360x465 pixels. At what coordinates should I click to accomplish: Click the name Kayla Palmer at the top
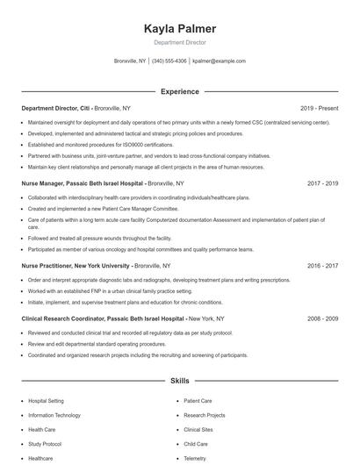point(179,29)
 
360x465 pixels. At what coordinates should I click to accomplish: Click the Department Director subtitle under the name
point(179,42)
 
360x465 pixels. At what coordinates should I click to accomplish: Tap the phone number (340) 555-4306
point(169,61)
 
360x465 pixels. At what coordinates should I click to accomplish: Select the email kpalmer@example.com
point(219,61)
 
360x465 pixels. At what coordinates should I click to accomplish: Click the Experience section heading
point(179,91)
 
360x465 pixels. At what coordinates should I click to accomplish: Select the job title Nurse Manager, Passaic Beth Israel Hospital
point(83,184)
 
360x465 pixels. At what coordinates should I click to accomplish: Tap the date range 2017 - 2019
point(323,184)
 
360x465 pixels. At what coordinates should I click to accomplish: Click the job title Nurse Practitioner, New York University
point(76,265)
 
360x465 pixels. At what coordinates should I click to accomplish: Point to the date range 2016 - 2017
point(323,265)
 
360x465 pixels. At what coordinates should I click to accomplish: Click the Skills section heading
point(179,382)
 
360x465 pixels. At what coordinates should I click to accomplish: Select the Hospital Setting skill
point(46,400)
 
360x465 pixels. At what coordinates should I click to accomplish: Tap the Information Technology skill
point(54,415)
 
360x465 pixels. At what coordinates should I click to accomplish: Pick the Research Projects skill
point(204,415)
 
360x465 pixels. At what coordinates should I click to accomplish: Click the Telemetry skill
point(195,458)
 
